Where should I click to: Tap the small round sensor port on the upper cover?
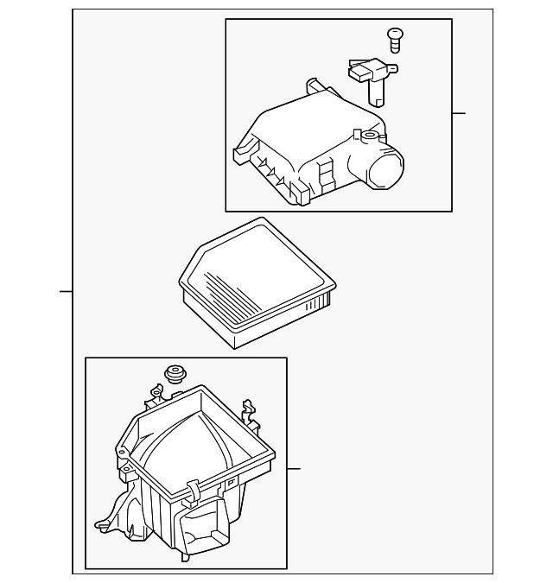tap(371, 136)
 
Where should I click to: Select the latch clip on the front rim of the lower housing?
tap(192, 492)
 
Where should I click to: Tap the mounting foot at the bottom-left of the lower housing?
tap(104, 523)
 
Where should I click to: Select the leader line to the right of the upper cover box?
tap(459, 113)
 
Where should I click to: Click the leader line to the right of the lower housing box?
tap(294, 469)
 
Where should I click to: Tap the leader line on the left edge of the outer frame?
tap(66, 292)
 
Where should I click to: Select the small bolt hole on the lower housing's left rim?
tap(126, 469)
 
